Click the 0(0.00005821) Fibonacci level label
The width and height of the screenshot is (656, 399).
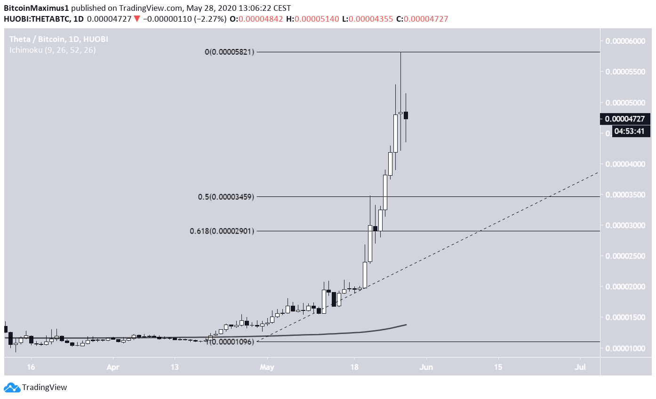[230, 52]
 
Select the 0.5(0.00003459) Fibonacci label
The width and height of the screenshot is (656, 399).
[226, 197]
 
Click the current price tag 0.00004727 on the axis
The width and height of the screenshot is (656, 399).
[624, 119]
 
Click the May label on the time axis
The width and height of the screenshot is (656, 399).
[267, 366]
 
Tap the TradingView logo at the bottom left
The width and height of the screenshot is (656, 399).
[35, 387]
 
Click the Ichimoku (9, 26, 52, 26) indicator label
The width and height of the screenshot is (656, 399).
[53, 50]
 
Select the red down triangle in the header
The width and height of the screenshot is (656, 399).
[136, 19]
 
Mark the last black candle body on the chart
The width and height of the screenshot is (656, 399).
[406, 115]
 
